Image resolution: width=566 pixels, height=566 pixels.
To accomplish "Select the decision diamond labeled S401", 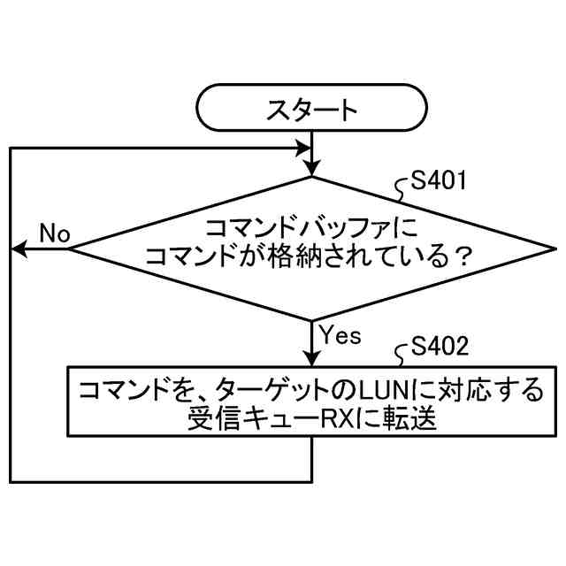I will [312, 249].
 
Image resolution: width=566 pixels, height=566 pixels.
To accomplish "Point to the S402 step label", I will [440, 348].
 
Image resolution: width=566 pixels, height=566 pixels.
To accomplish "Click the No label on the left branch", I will [54, 233].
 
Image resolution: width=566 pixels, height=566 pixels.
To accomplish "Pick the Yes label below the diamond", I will [340, 334].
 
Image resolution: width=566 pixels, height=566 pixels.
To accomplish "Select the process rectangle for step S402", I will [312, 400].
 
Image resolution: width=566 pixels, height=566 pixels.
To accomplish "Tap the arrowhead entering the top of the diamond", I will [312, 169].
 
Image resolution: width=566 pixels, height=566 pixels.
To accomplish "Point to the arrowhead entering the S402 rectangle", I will [312, 356].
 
